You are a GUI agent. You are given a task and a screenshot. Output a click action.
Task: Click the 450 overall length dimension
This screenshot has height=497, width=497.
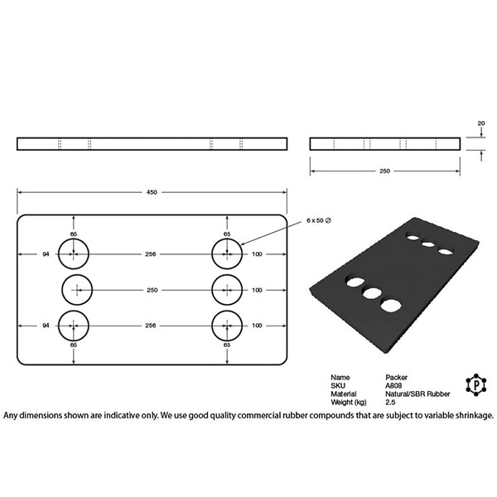coord(152,192)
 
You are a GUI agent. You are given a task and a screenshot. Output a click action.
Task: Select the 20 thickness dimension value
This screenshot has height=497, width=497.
coord(481,123)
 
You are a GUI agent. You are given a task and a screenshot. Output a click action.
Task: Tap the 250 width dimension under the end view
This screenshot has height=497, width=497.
coord(384,171)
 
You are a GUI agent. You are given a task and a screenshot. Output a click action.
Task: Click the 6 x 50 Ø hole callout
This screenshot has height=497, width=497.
coord(319,220)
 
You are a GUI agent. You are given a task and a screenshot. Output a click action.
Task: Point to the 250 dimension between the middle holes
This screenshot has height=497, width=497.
coord(152,290)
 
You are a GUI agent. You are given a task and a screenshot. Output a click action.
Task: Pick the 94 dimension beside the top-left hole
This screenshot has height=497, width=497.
coord(46,254)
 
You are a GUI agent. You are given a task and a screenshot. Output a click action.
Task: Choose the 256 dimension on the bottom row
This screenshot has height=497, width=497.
coord(150,326)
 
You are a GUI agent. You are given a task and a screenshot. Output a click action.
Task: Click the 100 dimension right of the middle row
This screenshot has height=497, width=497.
coord(257,290)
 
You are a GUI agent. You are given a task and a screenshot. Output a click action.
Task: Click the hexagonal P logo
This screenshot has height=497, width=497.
coord(476,385)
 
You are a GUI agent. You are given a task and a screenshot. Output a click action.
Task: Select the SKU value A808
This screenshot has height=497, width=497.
coord(393,386)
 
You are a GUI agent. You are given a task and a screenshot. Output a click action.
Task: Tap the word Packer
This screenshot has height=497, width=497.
coord(396,378)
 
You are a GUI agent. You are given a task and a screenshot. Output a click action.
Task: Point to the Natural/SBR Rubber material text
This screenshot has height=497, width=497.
coord(417,394)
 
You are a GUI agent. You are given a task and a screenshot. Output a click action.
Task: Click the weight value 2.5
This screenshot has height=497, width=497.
coord(390,403)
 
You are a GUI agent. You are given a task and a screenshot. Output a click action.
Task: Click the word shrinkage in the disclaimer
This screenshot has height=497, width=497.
coord(475,415)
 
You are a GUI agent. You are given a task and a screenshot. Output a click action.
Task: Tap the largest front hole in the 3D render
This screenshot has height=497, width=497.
coord(391,306)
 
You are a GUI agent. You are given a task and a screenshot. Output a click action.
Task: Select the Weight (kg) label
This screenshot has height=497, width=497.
coord(349,403)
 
